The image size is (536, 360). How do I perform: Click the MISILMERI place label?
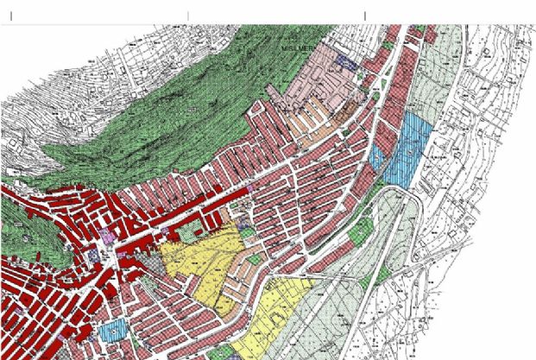304,51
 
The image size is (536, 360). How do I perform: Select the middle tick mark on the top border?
188,16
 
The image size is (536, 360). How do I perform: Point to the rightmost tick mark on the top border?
365,16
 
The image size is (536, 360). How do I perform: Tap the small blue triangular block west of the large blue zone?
376,158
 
